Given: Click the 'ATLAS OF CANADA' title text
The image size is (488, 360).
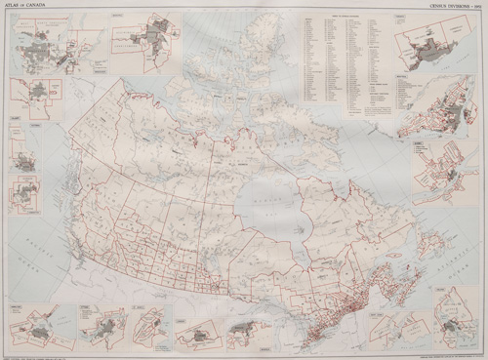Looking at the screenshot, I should pos(28,8).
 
